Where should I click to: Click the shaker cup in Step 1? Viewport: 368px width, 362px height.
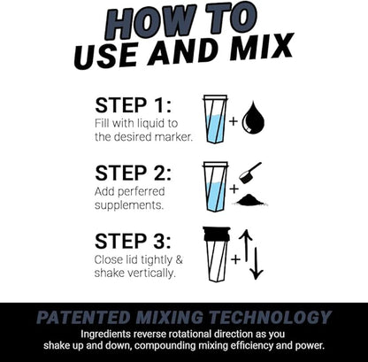click(x=215, y=119)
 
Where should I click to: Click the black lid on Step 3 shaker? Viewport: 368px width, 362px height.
click(x=216, y=233)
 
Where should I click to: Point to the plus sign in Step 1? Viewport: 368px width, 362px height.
click(x=234, y=119)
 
